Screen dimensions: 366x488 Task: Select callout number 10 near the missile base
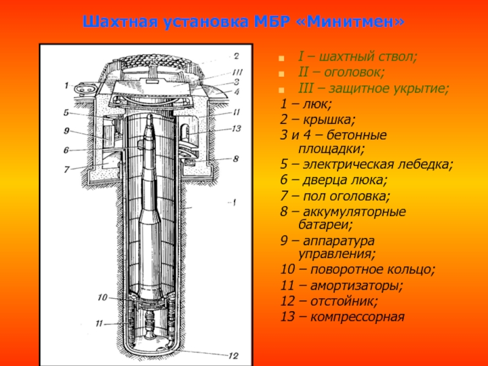click(102, 297)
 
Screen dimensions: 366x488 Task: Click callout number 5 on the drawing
click(65, 112)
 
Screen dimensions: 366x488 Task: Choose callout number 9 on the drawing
click(65, 130)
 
